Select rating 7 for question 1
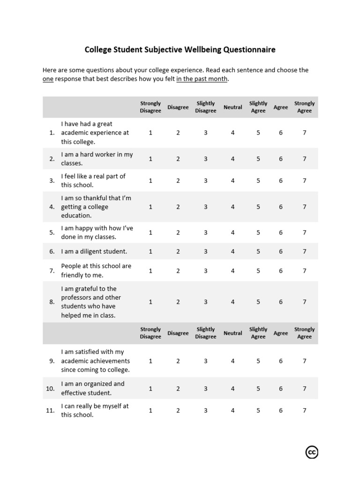(304, 133)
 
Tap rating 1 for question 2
(150, 159)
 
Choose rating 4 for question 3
(232, 180)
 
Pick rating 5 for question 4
(258, 207)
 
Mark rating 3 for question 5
(205, 232)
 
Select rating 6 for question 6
(281, 251)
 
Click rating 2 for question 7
(178, 270)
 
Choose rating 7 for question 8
(304, 302)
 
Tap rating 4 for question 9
(232, 361)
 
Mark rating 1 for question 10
(150, 389)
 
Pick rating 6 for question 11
(281, 410)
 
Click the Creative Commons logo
(312, 452)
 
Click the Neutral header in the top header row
(232, 107)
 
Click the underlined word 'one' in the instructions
(48, 79)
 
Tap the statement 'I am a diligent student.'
(94, 251)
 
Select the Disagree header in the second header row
(178, 333)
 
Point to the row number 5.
(52, 232)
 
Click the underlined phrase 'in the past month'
(202, 79)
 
